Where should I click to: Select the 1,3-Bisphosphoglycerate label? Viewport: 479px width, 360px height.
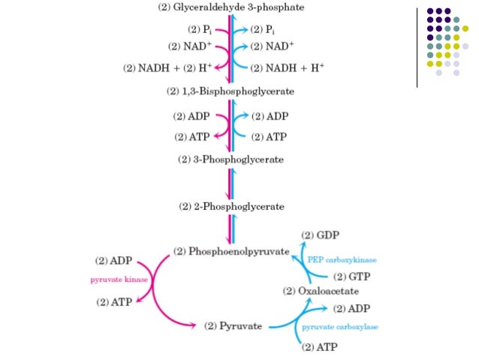pyautogui.click(x=230, y=92)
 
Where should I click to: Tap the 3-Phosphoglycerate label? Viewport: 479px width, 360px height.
pyautogui.click(x=230, y=159)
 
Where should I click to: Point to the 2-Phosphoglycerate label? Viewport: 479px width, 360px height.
pyautogui.click(x=230, y=206)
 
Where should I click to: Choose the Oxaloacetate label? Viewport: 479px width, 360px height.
pyautogui.click(x=322, y=291)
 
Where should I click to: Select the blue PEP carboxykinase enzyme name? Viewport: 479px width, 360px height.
pyautogui.click(x=342, y=259)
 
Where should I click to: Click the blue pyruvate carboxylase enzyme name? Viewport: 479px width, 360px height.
pyautogui.click(x=340, y=327)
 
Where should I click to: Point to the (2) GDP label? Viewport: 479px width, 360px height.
pyautogui.click(x=321, y=234)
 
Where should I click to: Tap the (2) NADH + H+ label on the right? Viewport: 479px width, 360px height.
pyautogui.click(x=287, y=68)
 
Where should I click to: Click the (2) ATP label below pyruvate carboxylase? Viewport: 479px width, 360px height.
pyautogui.click(x=318, y=347)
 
